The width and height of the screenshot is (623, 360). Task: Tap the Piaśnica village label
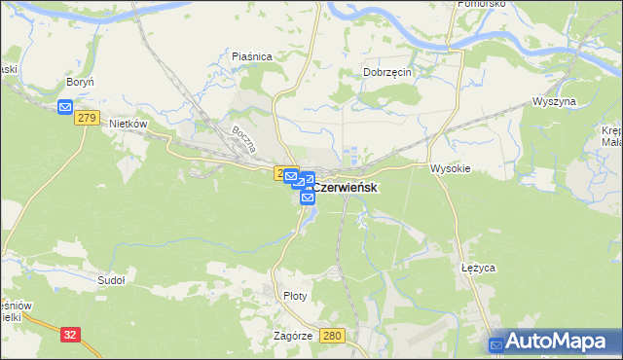(x=251, y=56)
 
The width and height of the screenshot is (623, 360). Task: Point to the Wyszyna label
(x=555, y=101)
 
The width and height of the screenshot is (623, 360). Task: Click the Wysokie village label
(x=451, y=167)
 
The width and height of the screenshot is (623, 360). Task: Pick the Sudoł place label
(x=112, y=280)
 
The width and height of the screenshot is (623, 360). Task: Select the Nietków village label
(x=128, y=124)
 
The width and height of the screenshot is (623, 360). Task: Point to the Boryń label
(x=80, y=83)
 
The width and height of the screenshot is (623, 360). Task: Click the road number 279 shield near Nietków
(x=88, y=117)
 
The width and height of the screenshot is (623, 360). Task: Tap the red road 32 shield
(x=70, y=334)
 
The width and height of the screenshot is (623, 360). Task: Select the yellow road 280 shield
(x=333, y=335)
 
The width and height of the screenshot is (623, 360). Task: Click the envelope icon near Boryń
(x=65, y=106)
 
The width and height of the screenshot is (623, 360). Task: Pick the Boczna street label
(x=242, y=139)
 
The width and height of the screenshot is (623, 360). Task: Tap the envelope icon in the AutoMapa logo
(x=497, y=343)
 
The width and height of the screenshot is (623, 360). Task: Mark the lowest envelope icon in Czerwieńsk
(x=308, y=198)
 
